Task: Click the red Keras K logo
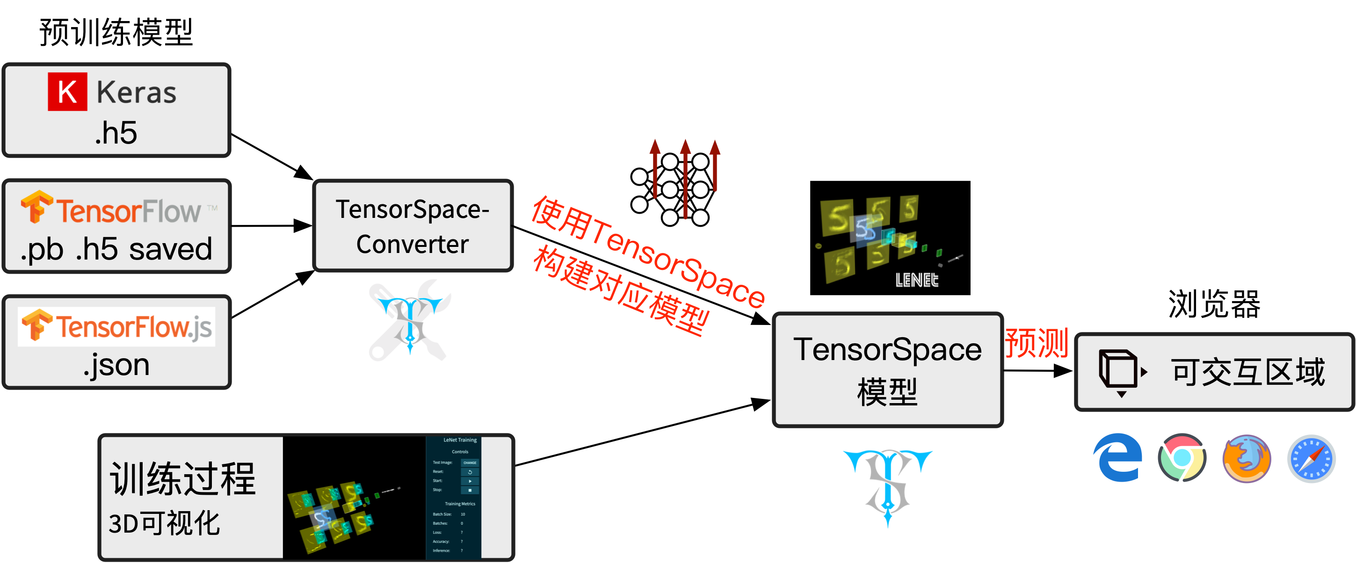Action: (67, 92)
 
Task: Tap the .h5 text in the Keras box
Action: (116, 133)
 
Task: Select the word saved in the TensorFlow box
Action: (171, 249)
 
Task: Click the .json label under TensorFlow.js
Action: (116, 365)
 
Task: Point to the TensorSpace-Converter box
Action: (413, 226)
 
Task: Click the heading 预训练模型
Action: (116, 33)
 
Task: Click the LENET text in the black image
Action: (916, 280)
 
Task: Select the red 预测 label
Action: (1036, 343)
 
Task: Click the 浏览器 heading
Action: (1214, 304)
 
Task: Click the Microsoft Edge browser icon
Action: (1117, 458)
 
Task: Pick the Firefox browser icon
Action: (1247, 458)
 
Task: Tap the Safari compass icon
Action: (1311, 458)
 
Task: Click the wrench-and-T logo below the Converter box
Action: (410, 320)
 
